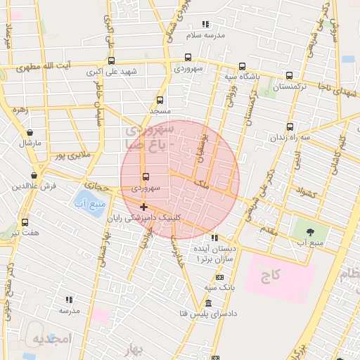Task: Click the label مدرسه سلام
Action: tap(205, 34)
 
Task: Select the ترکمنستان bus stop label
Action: tap(290, 87)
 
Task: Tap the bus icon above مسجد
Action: tap(160, 100)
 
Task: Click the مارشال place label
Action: tap(30, 143)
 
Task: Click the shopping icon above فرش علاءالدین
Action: tap(34, 175)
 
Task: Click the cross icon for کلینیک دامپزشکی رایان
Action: tap(144, 207)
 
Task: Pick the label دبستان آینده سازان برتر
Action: tap(214, 255)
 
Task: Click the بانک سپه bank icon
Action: tap(220, 276)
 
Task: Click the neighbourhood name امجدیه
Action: tap(53, 338)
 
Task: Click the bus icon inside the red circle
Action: tap(146, 177)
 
